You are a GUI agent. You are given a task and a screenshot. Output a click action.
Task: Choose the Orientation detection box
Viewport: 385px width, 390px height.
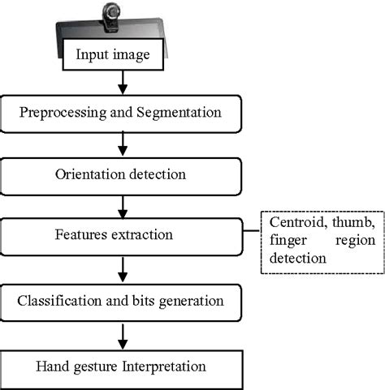coord(121,174)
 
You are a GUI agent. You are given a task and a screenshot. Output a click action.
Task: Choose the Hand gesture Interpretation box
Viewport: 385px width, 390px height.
coord(121,366)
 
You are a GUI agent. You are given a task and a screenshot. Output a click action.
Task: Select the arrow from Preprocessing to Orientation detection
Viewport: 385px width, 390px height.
coord(121,144)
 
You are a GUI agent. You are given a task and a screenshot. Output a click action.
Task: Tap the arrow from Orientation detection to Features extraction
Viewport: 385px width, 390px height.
coord(121,207)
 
